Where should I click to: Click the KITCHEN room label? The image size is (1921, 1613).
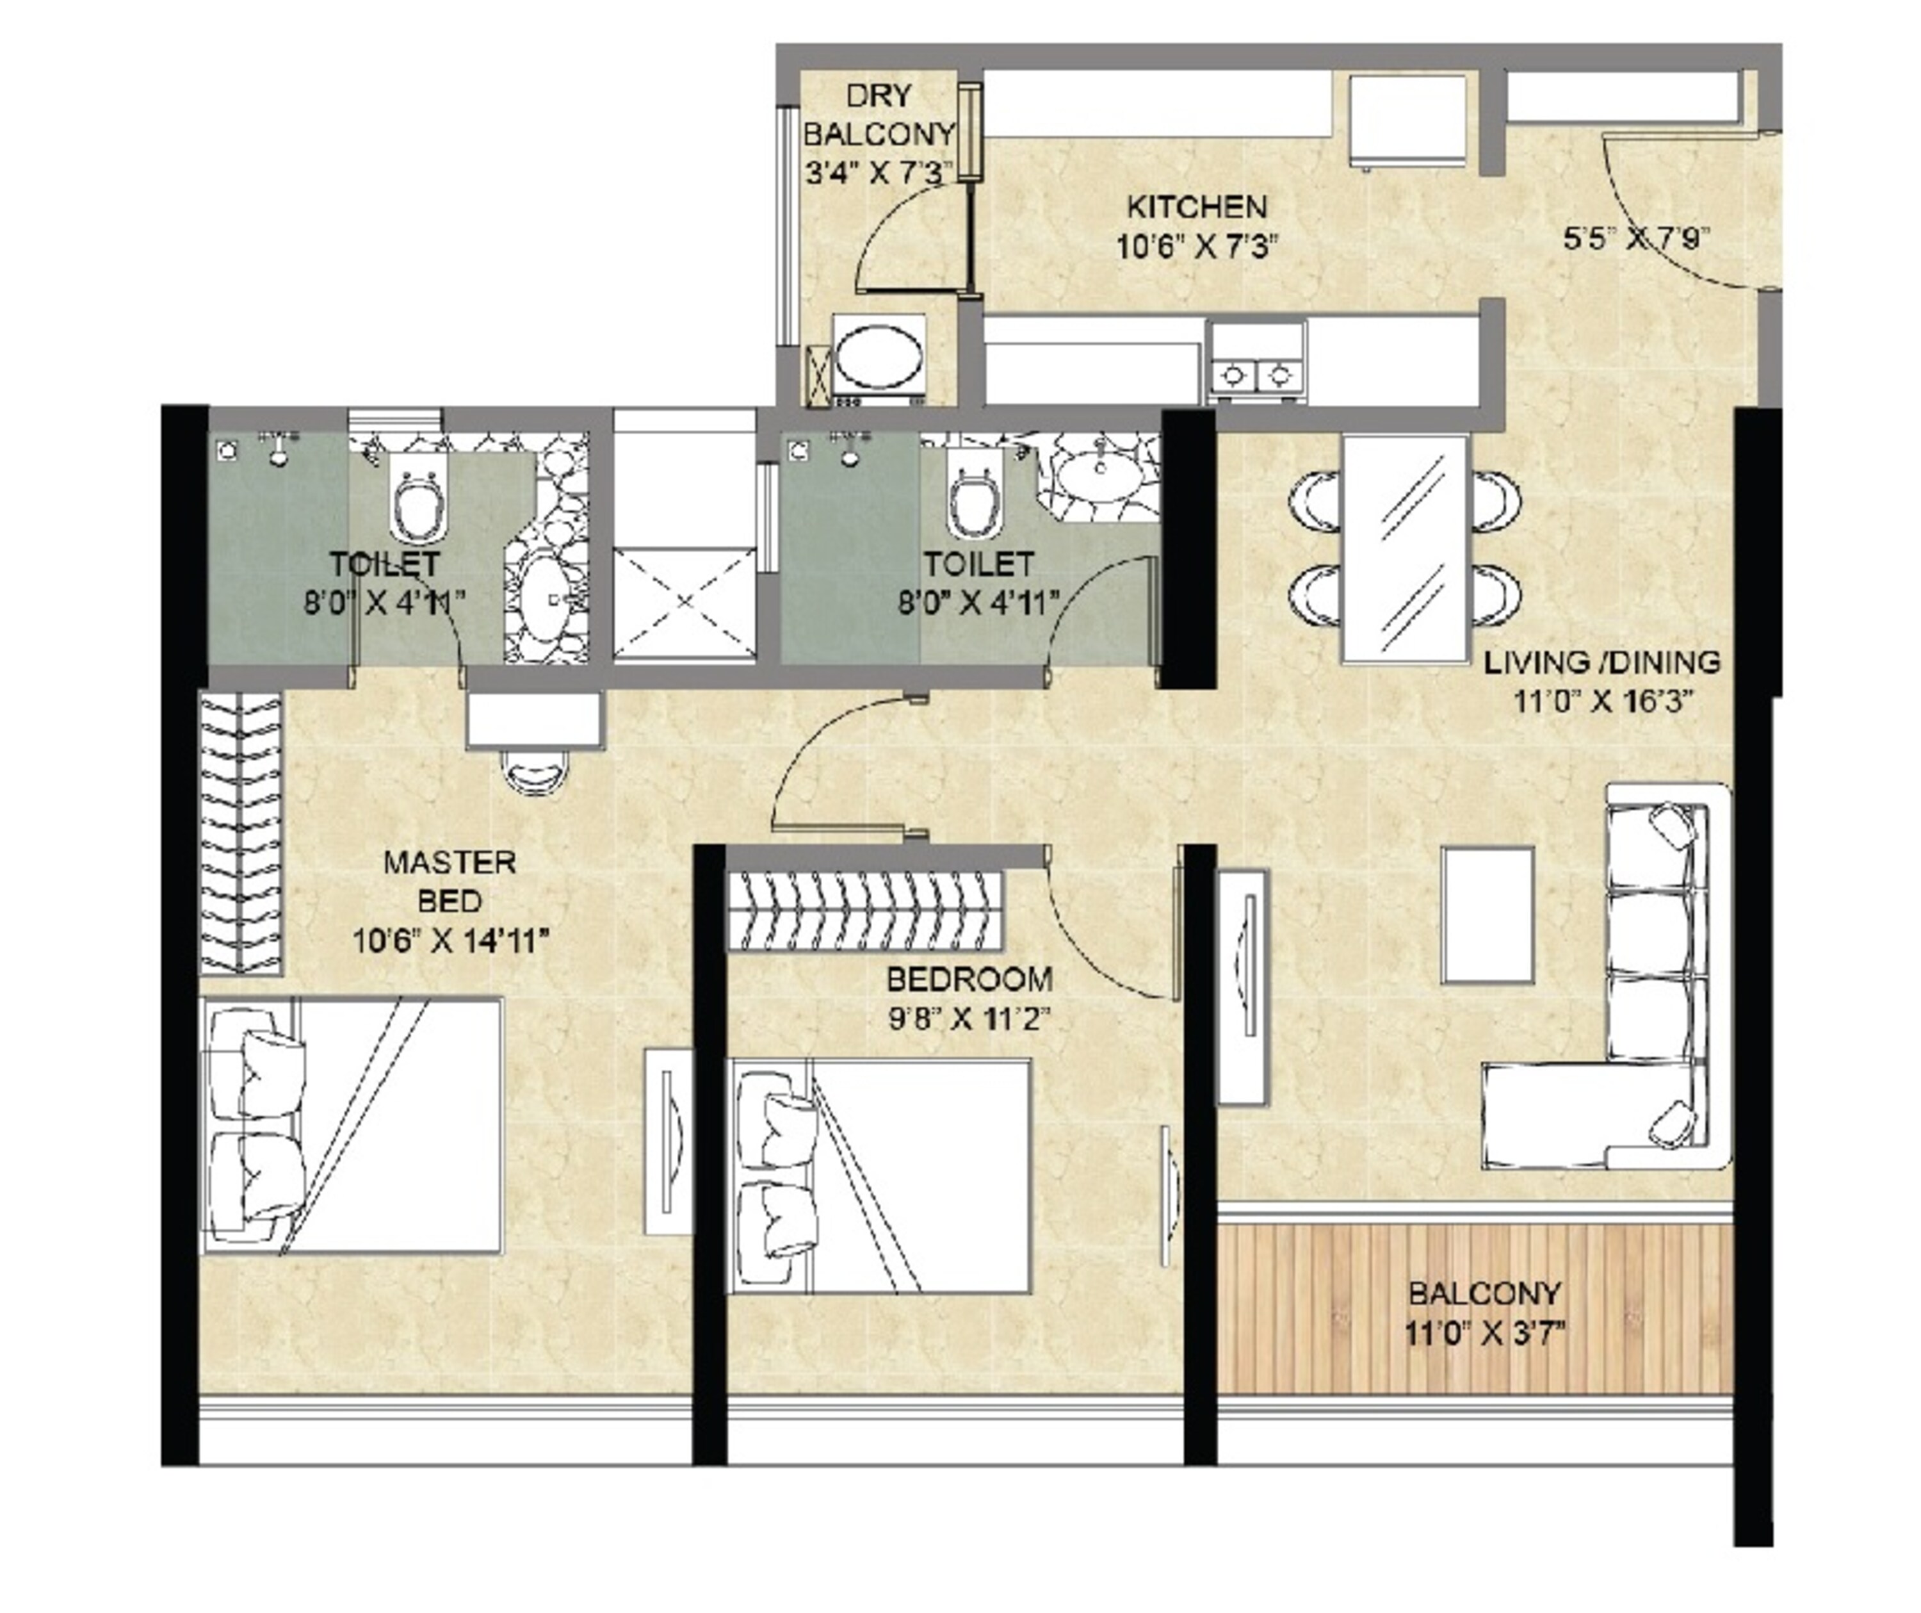pyautogui.click(x=1197, y=207)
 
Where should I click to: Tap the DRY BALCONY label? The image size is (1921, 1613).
pyautogui.click(x=878, y=115)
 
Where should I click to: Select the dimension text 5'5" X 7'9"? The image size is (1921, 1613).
pyautogui.click(x=1635, y=240)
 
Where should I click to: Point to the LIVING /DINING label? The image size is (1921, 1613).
pyautogui.click(x=1601, y=662)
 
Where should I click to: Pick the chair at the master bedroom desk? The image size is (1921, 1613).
pyautogui.click(x=535, y=773)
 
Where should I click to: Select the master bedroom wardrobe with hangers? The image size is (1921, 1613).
pyautogui.click(x=241, y=833)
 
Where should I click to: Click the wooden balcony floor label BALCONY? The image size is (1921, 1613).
pyautogui.click(x=1484, y=1295)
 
